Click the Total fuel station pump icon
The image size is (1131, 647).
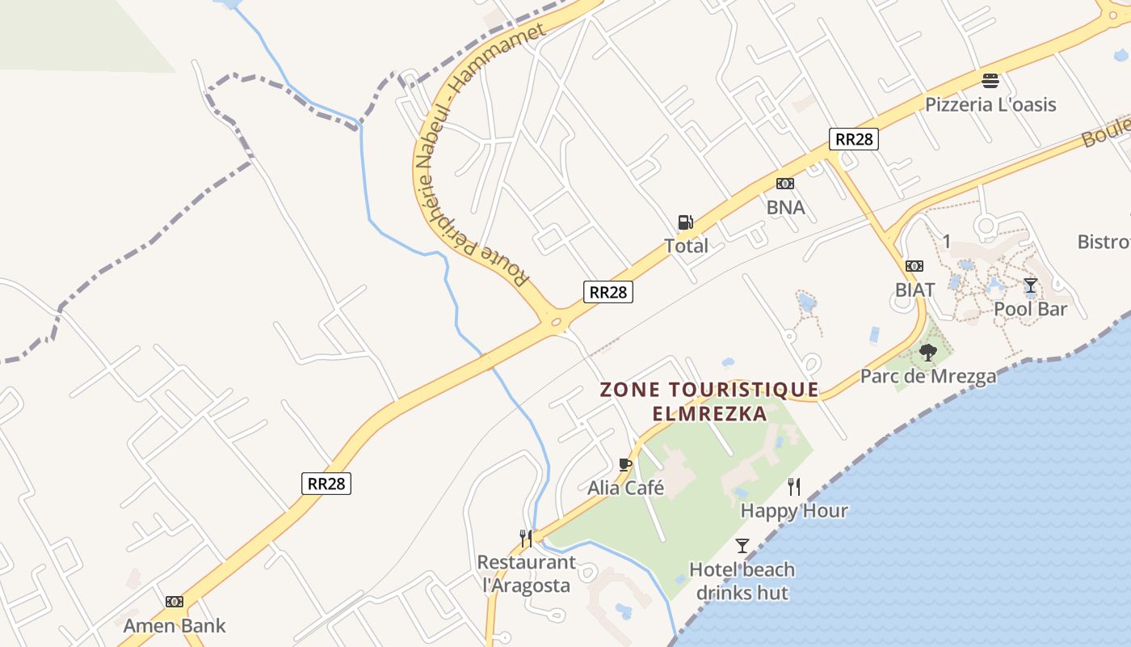point(685,222)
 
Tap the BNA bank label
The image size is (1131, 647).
point(785,207)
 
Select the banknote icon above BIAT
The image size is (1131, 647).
point(914,265)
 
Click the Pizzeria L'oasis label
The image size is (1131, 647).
point(990,104)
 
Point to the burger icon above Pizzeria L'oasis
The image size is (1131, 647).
point(990,81)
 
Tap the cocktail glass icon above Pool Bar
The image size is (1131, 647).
point(1030,285)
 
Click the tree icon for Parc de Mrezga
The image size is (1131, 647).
point(928,353)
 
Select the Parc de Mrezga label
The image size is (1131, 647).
point(928,376)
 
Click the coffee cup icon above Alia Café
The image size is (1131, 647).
point(624,464)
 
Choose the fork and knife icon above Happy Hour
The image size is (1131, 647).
point(794,486)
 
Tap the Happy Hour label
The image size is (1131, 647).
point(794,510)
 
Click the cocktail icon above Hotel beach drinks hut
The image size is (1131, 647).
point(742,546)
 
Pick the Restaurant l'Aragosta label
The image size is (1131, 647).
point(527,573)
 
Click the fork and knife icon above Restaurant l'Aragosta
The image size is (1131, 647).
point(526,538)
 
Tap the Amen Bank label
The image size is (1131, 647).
point(174,625)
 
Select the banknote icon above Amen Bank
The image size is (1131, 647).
point(174,602)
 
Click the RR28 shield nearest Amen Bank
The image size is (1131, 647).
point(328,484)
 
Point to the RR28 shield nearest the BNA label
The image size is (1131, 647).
point(853,139)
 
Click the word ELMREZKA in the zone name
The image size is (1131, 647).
point(710,413)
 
